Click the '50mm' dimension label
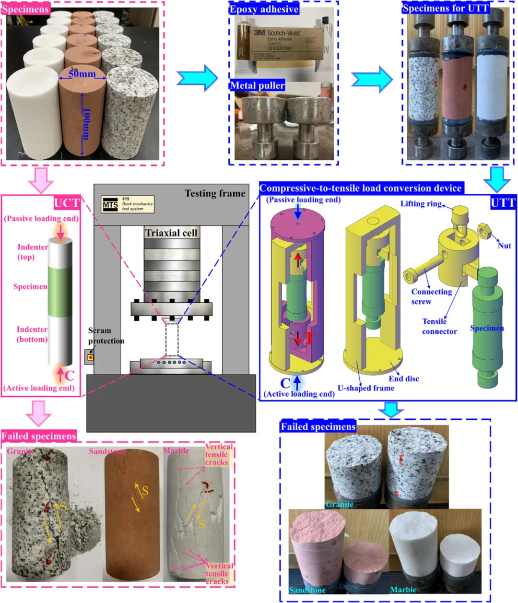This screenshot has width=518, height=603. point(82,74)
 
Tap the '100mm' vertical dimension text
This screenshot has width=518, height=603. point(86,123)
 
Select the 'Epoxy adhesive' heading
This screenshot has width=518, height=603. point(264,9)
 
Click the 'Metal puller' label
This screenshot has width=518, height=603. point(257,85)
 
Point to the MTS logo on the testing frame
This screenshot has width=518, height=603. point(110,205)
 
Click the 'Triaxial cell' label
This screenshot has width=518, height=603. point(171,233)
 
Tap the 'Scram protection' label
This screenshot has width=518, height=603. point(106,336)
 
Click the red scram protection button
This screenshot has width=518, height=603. point(90,357)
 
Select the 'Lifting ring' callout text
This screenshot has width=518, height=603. point(421,203)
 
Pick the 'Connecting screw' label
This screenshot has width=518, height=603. point(431,296)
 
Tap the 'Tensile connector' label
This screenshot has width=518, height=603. point(439,326)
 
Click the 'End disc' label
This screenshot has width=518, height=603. point(403,378)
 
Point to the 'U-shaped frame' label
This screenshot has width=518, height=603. point(366,388)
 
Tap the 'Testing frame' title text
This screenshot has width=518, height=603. point(215,193)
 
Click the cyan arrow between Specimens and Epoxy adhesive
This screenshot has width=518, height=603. point(197,78)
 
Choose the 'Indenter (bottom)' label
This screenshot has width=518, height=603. point(32,334)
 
